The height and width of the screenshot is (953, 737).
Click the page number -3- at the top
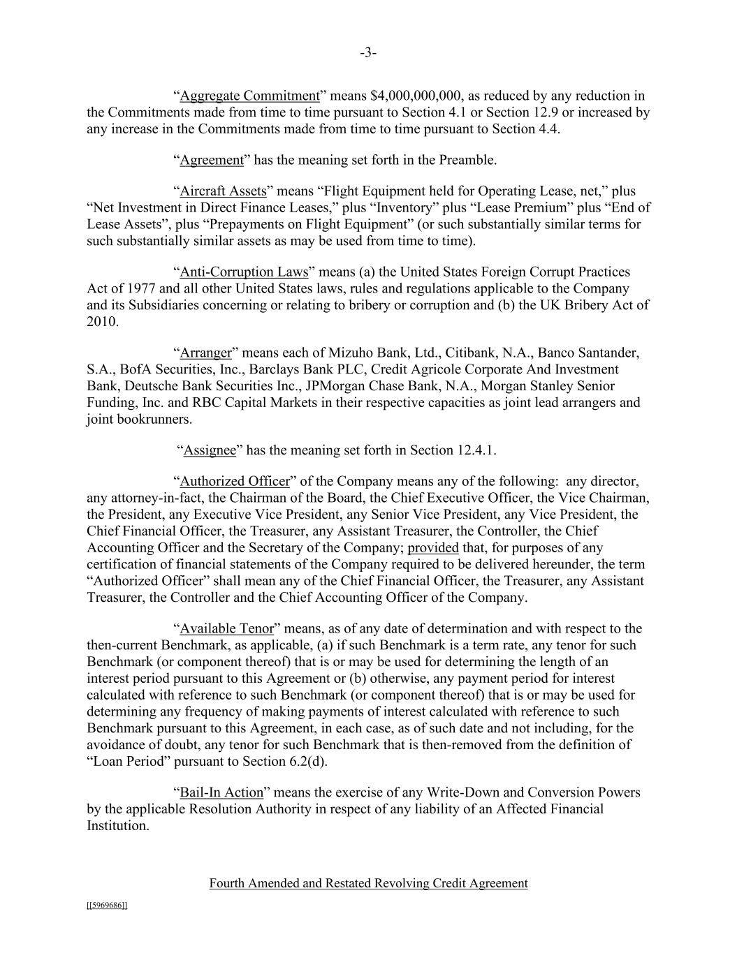tap(368, 53)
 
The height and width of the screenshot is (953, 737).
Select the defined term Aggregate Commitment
tap(249, 96)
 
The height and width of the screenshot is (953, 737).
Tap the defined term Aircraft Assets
tap(223, 191)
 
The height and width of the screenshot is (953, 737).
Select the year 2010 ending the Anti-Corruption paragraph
tap(101, 322)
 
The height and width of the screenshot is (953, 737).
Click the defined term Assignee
tap(210, 450)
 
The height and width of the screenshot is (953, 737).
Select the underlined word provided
tap(433, 548)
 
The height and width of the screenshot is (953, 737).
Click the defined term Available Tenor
tap(227, 629)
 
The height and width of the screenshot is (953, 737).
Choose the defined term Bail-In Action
tap(221, 793)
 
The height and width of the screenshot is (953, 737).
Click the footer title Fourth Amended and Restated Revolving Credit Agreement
tap(368, 884)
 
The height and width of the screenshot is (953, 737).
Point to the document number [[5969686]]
tap(107, 906)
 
